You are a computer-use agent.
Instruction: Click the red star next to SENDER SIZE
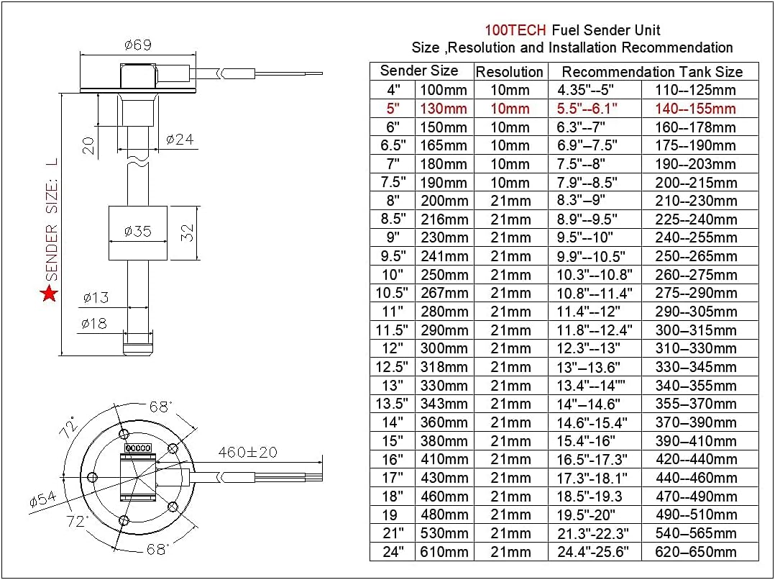[x=50, y=293]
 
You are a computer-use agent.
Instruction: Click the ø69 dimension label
[x=138, y=45]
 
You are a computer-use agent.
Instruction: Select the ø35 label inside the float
[x=137, y=232]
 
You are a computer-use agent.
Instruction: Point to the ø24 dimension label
[x=180, y=140]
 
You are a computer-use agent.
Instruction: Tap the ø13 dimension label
[x=96, y=296]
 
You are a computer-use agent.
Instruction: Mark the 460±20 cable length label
[x=247, y=453]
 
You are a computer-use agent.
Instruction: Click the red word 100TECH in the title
[x=515, y=30]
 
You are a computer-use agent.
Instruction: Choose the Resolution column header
[x=510, y=72]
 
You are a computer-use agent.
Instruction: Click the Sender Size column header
[x=419, y=71]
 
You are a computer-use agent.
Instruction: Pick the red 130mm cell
[x=444, y=109]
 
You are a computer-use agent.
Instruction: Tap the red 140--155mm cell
[x=695, y=109]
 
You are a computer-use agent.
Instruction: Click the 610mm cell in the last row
[x=444, y=552]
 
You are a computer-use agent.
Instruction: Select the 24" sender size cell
[x=392, y=552]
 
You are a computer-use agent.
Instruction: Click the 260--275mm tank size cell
[x=695, y=275]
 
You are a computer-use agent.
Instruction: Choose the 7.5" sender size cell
[x=392, y=183]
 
